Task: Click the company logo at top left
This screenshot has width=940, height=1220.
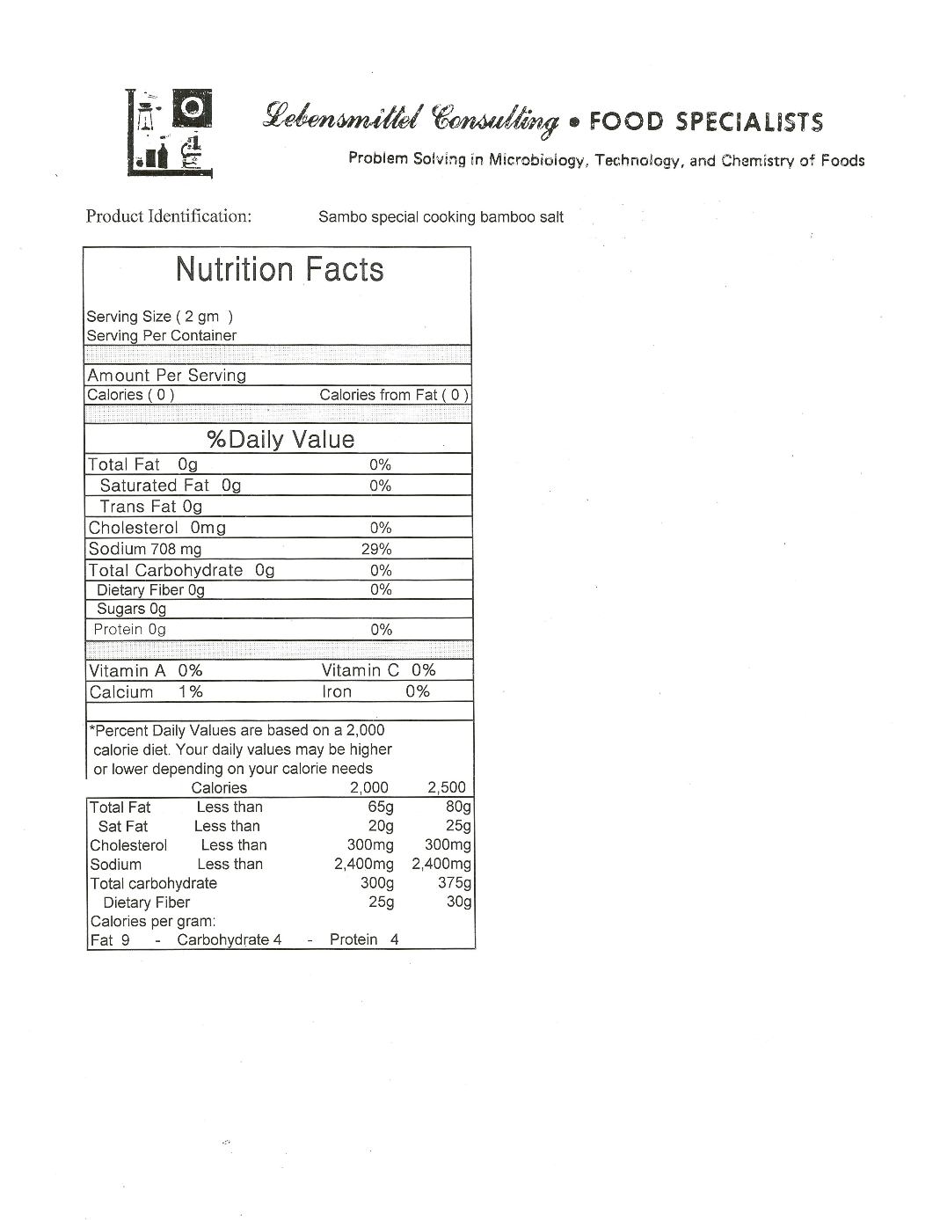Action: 170,133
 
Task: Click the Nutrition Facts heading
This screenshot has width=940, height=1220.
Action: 280,269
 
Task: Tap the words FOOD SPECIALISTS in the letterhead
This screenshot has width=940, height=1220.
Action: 706,121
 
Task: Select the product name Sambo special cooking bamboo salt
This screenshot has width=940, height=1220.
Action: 441,217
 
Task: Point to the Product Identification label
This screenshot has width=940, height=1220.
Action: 169,216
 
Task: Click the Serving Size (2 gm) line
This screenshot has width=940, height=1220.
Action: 159,317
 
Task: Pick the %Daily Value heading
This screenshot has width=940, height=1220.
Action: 281,439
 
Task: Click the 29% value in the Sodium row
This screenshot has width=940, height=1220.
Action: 376,549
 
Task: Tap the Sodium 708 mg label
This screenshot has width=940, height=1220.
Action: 145,549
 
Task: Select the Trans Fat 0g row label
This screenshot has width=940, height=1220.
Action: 150,507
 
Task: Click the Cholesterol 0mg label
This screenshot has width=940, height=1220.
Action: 157,528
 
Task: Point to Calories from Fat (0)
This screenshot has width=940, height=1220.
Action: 394,395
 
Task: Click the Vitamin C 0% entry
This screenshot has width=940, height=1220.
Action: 378,670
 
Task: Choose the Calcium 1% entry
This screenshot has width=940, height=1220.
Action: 146,692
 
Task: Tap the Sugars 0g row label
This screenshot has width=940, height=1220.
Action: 131,609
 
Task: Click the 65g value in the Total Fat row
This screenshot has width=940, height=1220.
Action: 381,807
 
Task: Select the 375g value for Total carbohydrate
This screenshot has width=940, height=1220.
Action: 455,883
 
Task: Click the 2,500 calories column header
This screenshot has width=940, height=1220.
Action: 447,787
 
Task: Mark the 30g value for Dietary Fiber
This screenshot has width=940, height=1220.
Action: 459,902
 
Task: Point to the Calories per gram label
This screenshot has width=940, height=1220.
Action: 152,922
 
